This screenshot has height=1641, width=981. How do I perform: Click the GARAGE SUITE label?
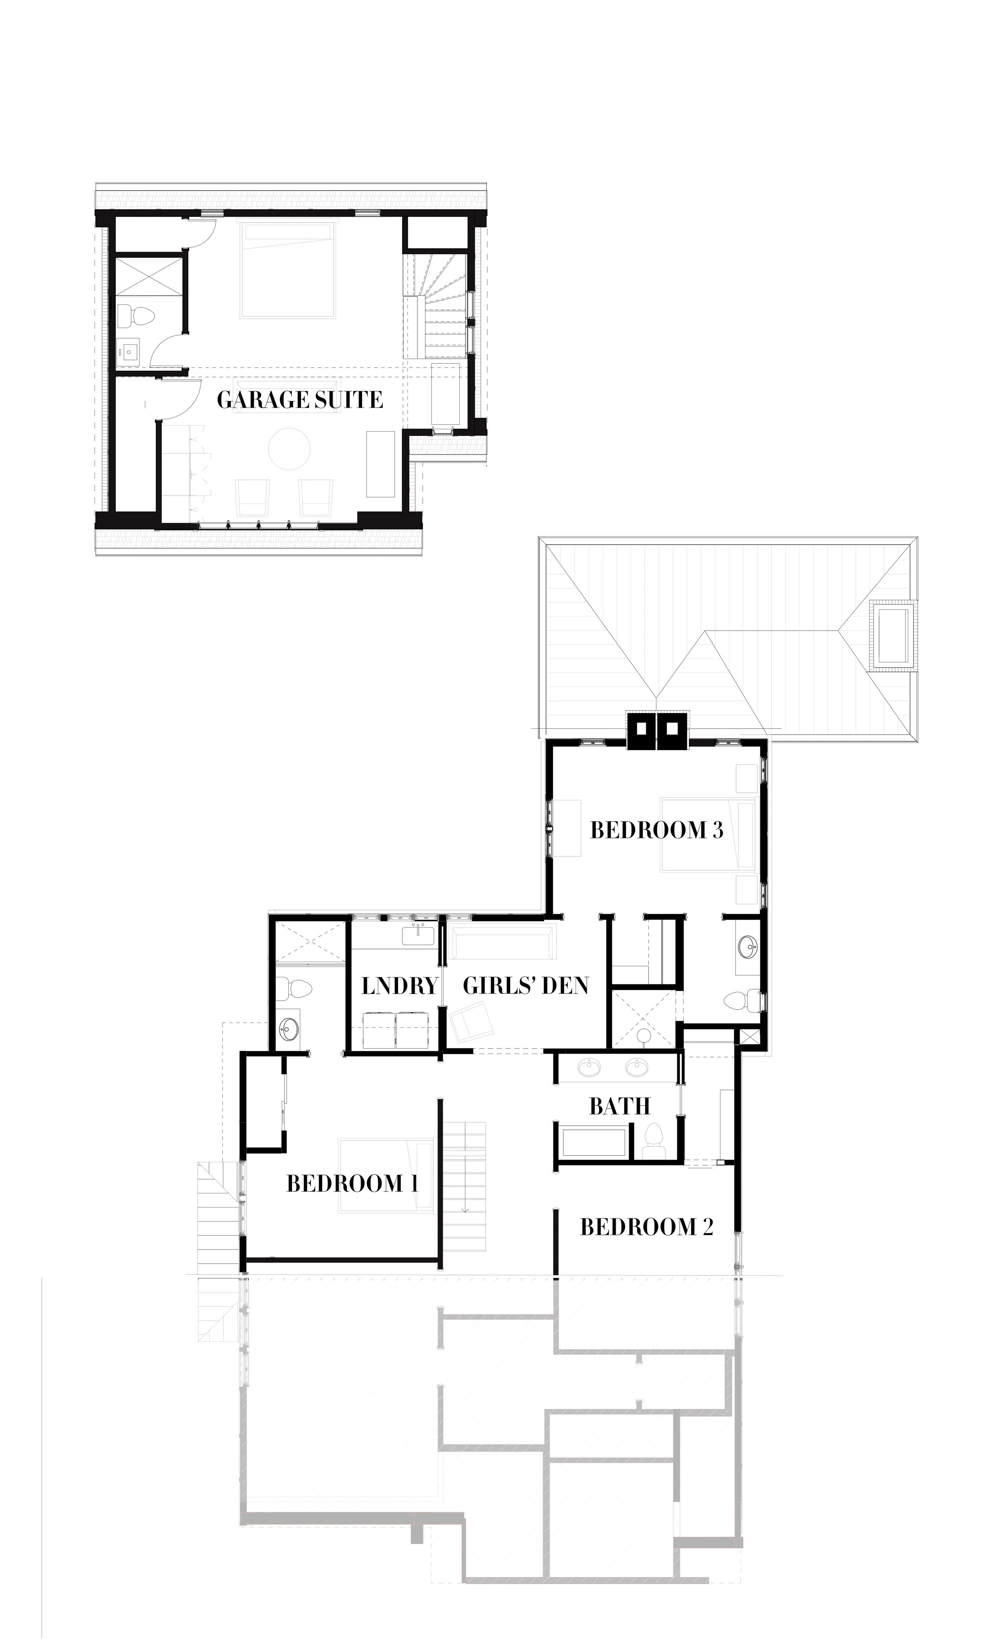pos(299,399)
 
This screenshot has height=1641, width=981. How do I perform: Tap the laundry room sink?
pos(418,935)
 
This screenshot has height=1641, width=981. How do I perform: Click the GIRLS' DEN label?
pos(525,986)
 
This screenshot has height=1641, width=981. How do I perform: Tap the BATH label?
pos(620,1106)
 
